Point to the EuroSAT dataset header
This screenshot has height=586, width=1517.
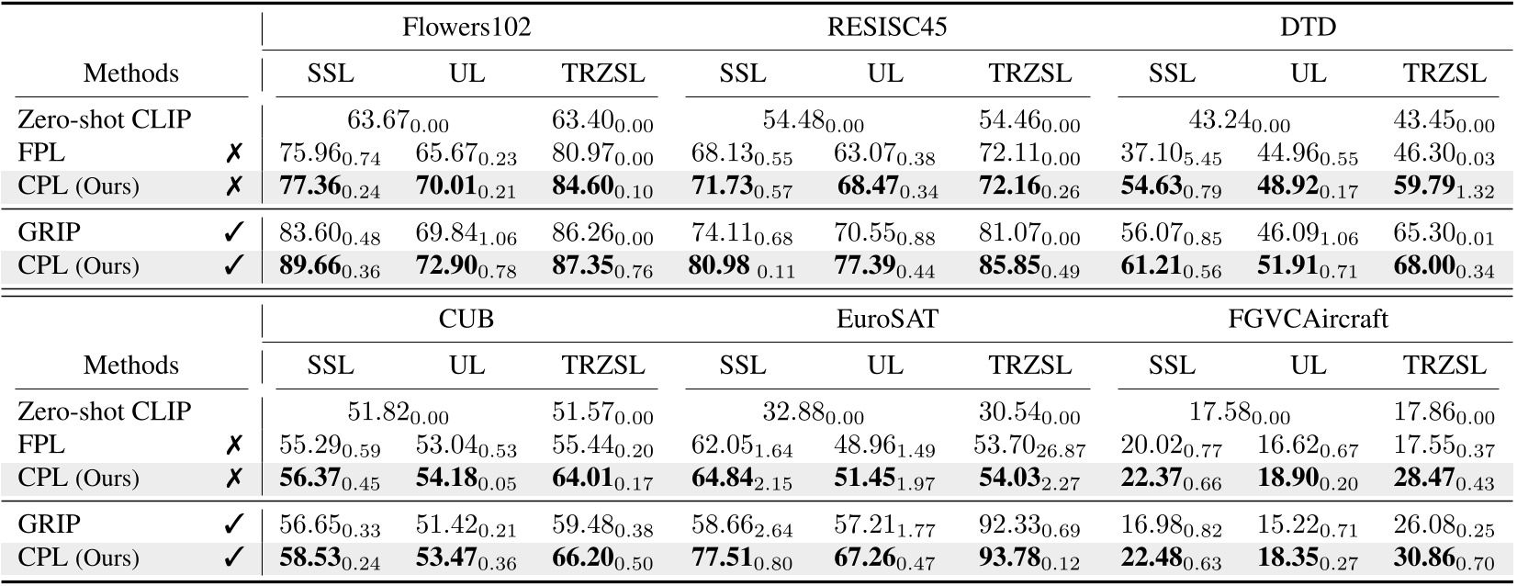886,319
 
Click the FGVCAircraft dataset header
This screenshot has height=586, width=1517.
1308,319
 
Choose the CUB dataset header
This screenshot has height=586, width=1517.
466,319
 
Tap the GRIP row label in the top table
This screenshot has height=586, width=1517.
49,232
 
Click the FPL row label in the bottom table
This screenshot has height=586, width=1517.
41,445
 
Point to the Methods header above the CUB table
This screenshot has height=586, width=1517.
131,366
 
